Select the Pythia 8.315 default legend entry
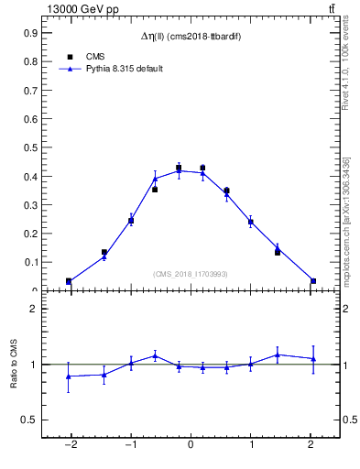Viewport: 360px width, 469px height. click(124, 69)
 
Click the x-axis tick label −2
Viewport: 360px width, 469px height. click(70, 445)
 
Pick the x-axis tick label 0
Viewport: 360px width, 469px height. click(191, 445)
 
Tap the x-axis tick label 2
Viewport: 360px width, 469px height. click(311, 445)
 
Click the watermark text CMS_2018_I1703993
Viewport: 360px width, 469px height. click(191, 274)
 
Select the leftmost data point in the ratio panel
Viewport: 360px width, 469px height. click(69, 376)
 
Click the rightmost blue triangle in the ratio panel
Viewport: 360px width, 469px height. click(313, 359)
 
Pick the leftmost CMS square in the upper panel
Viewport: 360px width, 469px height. click(69, 281)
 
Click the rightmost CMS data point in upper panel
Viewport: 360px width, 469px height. click(313, 281)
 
